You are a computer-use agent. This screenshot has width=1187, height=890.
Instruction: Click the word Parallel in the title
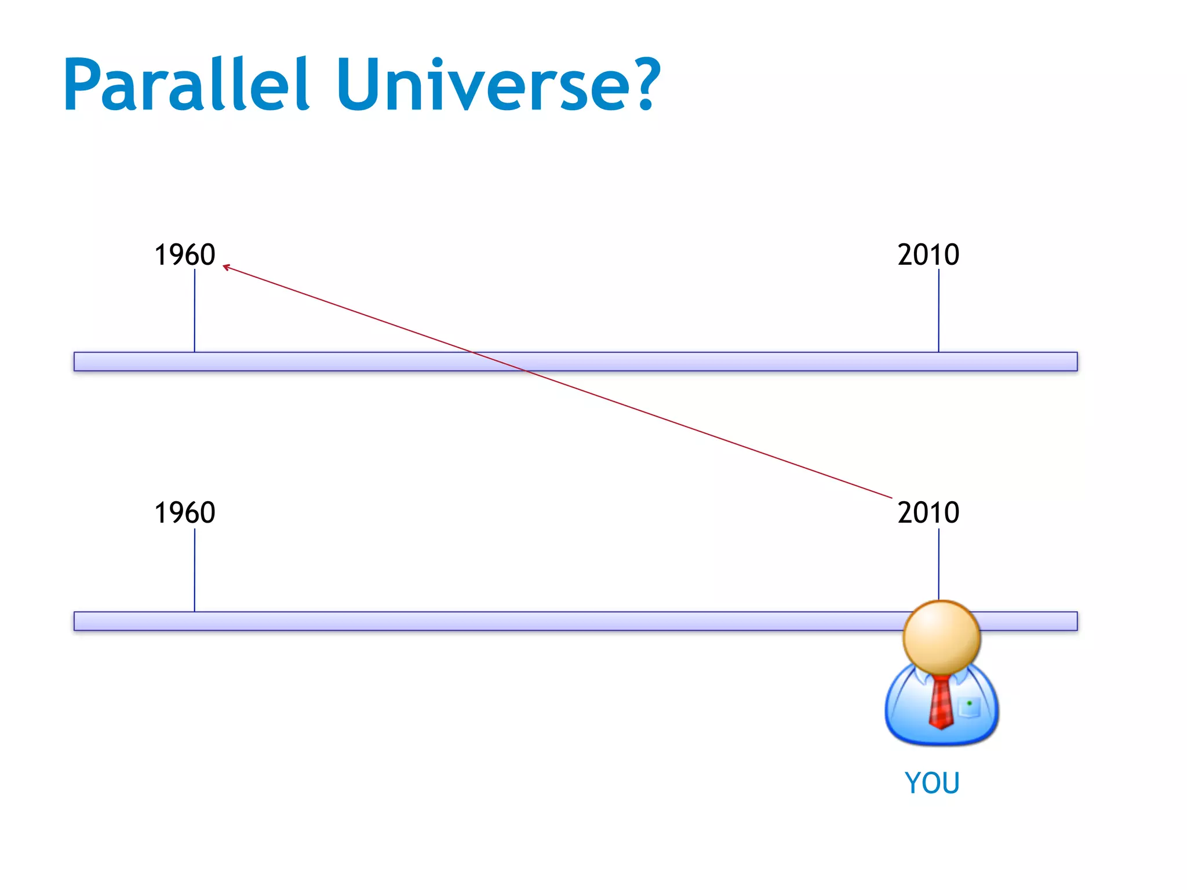[185, 85]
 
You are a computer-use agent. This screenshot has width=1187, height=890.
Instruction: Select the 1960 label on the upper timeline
[184, 255]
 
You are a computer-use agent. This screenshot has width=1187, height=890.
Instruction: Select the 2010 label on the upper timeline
[928, 255]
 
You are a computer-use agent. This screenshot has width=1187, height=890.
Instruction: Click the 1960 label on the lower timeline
[184, 513]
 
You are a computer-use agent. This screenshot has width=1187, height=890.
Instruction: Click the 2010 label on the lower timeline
[928, 513]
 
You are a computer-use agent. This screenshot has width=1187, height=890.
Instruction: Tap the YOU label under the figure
[932, 783]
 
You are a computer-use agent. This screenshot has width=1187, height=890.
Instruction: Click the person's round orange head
[941, 637]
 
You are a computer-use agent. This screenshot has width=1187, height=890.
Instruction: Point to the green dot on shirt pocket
[969, 703]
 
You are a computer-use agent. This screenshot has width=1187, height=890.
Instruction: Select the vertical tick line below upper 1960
[195, 310]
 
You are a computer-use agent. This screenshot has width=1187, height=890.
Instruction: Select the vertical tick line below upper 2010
[939, 310]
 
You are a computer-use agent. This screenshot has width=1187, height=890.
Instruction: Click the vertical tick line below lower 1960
[195, 570]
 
